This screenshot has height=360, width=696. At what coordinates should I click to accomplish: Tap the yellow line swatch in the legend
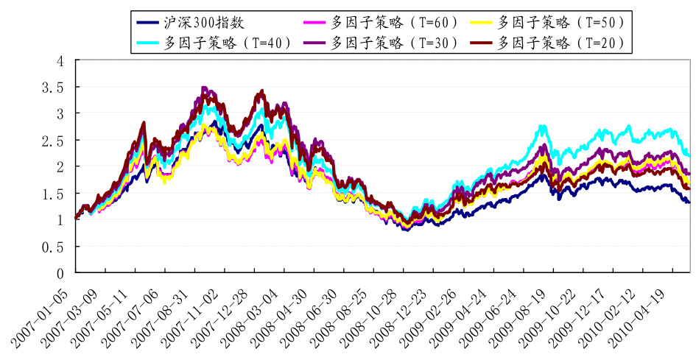(482, 21)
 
